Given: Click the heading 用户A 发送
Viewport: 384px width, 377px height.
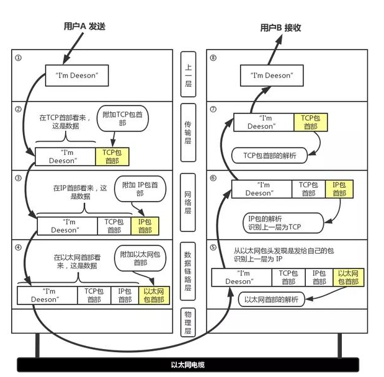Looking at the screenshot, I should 86,27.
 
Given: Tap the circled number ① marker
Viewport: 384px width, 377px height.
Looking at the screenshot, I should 18,59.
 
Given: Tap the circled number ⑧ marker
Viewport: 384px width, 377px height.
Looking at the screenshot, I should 213,59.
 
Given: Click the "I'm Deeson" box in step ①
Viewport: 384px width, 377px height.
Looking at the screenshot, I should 77,76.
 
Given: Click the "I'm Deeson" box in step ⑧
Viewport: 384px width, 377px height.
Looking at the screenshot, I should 272,76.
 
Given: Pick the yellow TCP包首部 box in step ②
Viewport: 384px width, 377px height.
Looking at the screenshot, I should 112,157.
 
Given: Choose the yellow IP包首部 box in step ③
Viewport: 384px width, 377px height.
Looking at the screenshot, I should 145,225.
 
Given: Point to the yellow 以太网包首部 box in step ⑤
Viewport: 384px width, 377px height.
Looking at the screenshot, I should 348,277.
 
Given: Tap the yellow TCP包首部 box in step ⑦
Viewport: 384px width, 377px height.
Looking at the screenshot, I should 311,122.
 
